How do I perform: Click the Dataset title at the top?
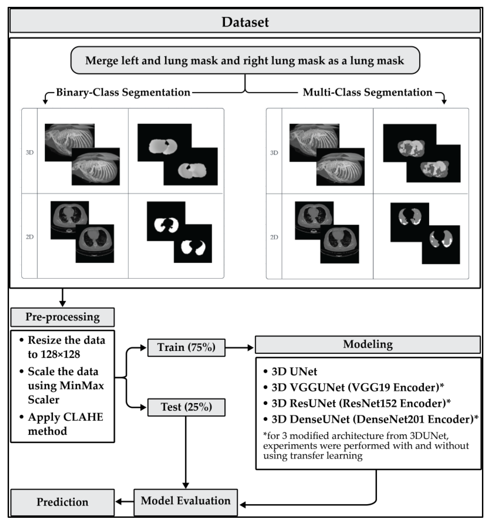click(245, 22)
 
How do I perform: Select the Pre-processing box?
click(62, 317)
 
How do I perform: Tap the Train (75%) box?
click(186, 347)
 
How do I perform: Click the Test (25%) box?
click(186, 407)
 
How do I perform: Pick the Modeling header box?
click(368, 344)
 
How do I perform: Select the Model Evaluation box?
click(186, 501)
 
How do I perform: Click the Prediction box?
click(62, 502)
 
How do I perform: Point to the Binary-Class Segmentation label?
click(123, 92)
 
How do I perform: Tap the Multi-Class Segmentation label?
click(367, 92)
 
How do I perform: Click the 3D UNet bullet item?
click(294, 372)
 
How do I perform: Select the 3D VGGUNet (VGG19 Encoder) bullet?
click(357, 388)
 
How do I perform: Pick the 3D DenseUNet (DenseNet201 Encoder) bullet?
click(375, 419)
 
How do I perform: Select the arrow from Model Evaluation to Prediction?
click(124, 501)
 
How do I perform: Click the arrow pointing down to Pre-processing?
click(62, 298)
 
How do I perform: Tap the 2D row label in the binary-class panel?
click(30, 237)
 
